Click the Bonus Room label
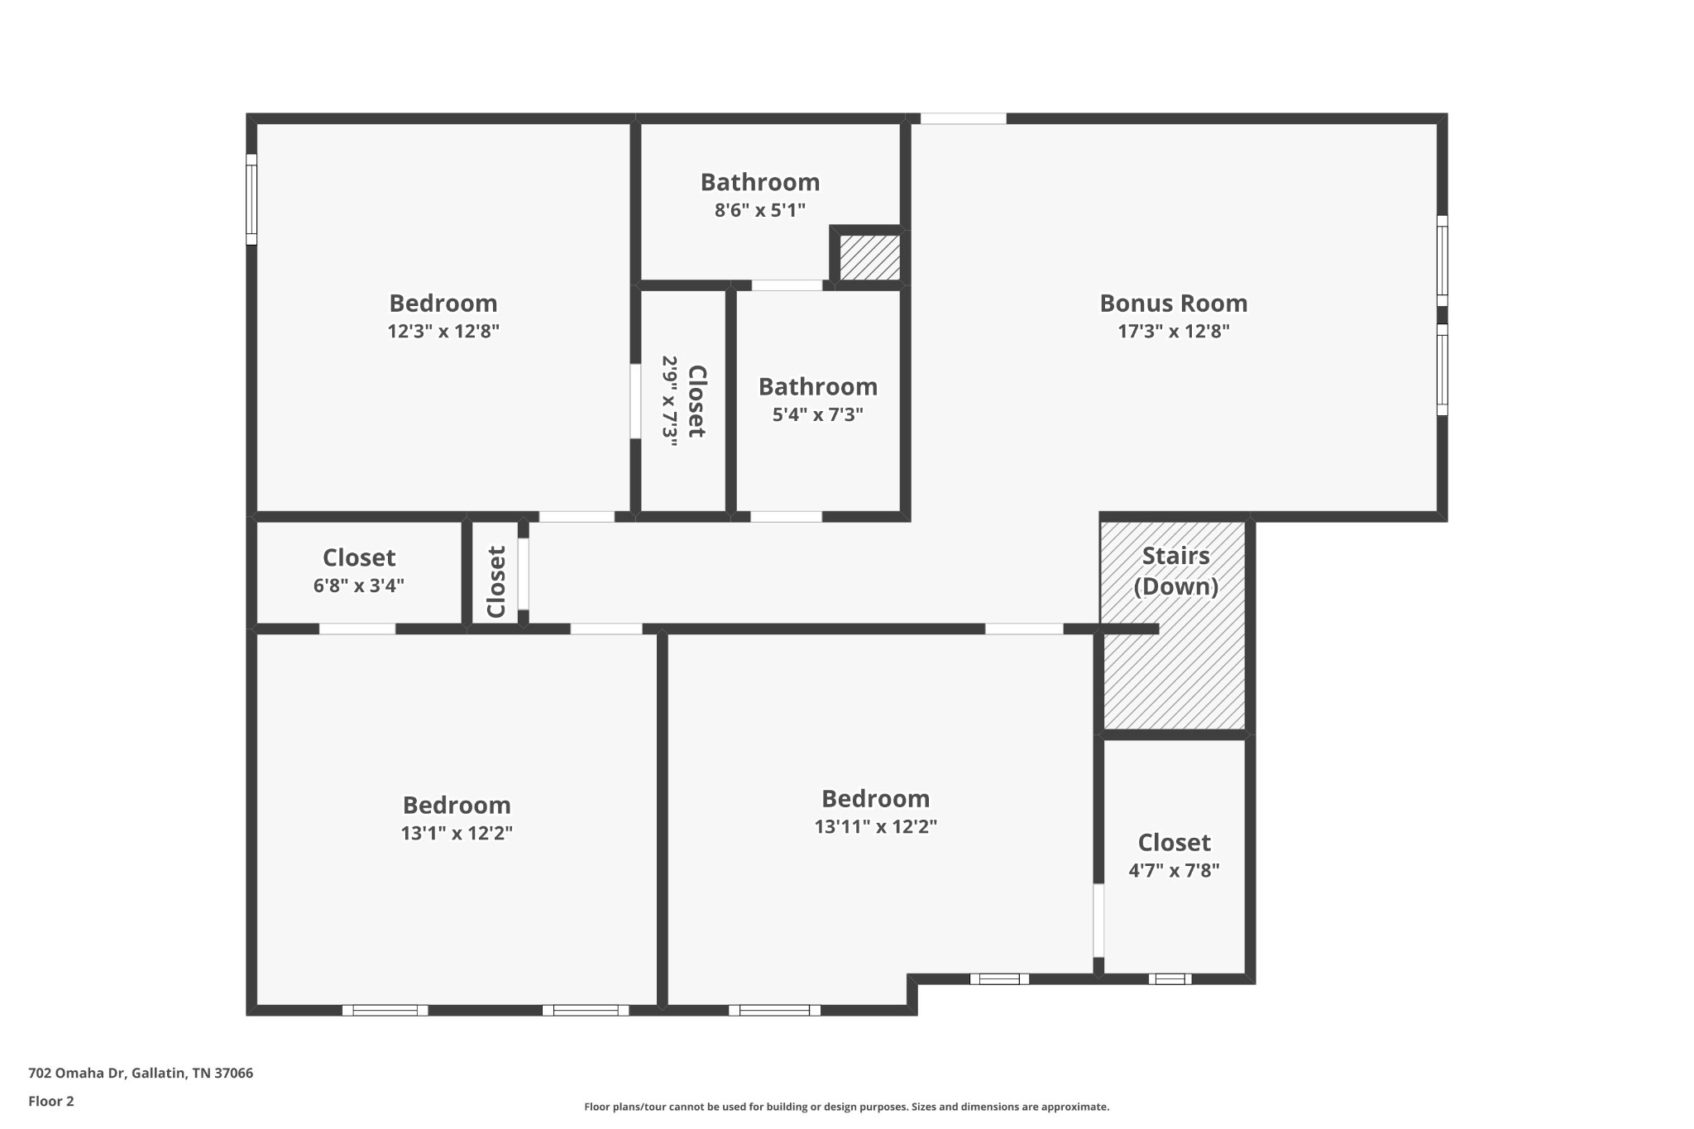[1173, 304]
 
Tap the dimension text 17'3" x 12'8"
[1173, 332]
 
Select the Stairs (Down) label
[1175, 571]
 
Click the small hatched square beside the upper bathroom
[870, 257]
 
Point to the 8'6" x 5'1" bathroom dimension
[759, 210]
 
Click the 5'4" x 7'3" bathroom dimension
[817, 414]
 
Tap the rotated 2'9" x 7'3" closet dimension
[669, 401]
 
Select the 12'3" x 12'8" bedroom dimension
[443, 332]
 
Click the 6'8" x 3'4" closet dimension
[358, 586]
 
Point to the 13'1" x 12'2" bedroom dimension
[457, 833]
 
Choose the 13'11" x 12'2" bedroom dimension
[875, 826]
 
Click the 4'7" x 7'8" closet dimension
[1174, 870]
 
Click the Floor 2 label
[51, 1101]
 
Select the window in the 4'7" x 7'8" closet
[1170, 979]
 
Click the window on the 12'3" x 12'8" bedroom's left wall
[251, 199]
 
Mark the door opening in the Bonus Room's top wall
[963, 118]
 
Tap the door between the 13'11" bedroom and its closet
[1098, 921]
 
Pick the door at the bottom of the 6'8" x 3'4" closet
[357, 629]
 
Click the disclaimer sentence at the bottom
[846, 1107]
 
